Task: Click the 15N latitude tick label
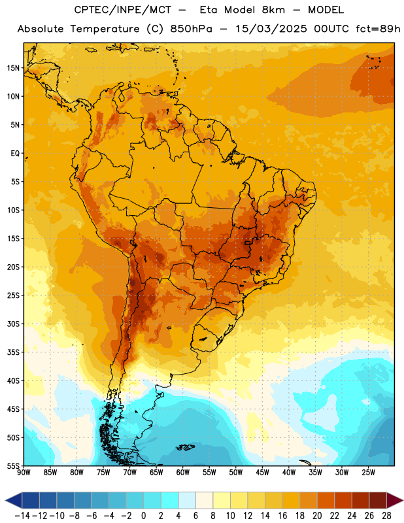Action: click(x=13, y=68)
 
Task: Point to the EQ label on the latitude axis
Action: click(x=15, y=154)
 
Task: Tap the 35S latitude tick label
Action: click(x=13, y=352)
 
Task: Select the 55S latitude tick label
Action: click(x=13, y=465)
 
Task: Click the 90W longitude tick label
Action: click(x=24, y=473)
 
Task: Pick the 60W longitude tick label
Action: click(x=183, y=473)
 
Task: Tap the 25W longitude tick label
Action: click(x=368, y=473)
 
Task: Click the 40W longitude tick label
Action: click(x=289, y=473)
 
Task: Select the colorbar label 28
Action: click(x=386, y=516)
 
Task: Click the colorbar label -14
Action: click(x=22, y=516)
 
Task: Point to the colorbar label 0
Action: click(x=143, y=516)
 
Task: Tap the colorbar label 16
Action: click(x=282, y=516)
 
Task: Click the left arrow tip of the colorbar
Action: click(x=5, y=500)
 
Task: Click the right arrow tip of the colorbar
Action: click(x=403, y=500)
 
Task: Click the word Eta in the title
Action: click(x=209, y=10)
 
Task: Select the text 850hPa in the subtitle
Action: click(x=191, y=29)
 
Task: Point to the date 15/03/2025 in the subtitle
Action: click(x=271, y=29)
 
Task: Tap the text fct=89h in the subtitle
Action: click(x=378, y=29)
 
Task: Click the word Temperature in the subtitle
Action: click(x=105, y=29)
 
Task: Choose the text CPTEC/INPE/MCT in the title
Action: click(x=123, y=10)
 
